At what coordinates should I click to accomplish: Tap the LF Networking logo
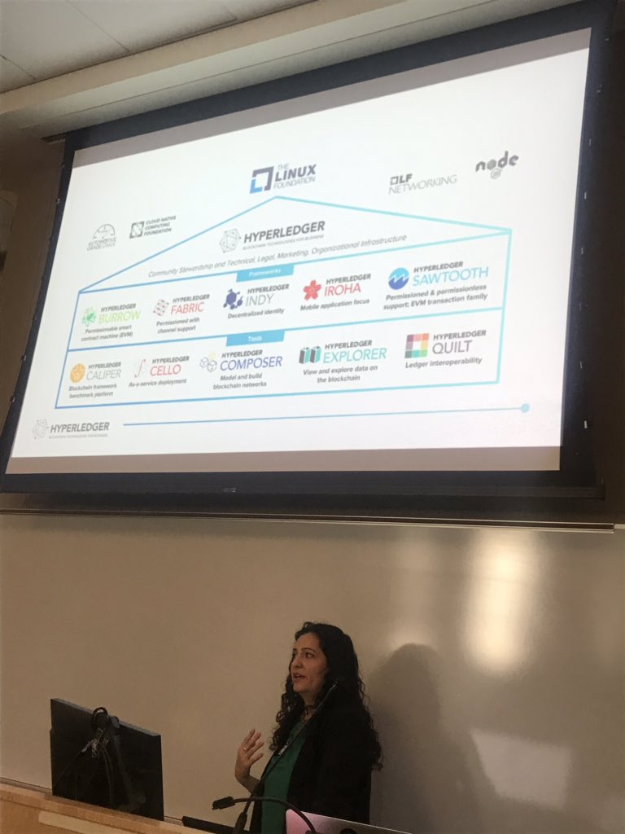click(422, 182)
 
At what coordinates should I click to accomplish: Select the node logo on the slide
click(496, 164)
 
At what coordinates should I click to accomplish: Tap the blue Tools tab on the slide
click(266, 338)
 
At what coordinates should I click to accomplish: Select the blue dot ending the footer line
click(525, 407)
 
